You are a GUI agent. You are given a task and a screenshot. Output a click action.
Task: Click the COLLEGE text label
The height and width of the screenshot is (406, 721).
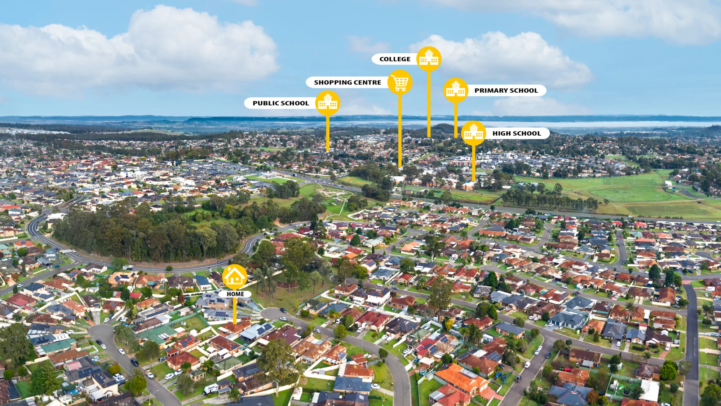point(395,59)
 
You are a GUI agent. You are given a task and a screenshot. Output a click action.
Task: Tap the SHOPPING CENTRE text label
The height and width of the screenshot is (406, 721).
point(348,83)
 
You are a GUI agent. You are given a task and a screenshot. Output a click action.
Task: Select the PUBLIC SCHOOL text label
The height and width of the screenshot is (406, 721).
point(281,103)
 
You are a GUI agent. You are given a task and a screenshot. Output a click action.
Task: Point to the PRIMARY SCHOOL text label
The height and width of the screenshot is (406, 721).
point(506,91)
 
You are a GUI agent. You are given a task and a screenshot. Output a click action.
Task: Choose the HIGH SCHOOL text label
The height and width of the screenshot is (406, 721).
point(517,134)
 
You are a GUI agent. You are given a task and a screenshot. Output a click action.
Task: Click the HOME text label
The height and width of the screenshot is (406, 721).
point(235,294)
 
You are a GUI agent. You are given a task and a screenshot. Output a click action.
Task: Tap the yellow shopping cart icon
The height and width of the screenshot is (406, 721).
point(400,83)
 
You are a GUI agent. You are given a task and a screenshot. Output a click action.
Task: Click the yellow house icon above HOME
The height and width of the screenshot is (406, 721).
point(235,277)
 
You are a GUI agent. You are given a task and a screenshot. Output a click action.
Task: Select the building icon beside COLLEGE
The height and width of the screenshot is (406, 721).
point(429,59)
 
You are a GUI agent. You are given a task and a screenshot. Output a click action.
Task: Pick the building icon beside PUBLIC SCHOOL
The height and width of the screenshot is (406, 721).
point(328,103)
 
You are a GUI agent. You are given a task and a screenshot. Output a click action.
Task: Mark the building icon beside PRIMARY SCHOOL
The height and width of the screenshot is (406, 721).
point(456,90)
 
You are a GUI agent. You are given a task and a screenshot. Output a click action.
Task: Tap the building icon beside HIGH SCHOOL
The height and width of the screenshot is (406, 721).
point(474,133)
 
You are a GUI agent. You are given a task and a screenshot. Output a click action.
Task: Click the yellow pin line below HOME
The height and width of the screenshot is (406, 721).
point(235,311)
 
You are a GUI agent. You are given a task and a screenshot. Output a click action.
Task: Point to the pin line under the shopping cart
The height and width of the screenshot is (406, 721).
point(400,131)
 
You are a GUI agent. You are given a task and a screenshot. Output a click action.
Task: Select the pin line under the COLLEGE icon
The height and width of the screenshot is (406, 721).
point(429,104)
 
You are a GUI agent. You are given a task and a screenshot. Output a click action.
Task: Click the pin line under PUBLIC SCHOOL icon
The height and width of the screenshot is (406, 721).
point(328,133)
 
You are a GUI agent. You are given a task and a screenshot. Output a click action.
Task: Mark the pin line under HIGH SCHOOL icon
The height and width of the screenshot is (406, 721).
point(474,163)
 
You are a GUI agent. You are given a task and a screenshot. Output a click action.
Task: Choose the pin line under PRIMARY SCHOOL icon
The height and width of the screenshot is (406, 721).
point(456,120)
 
